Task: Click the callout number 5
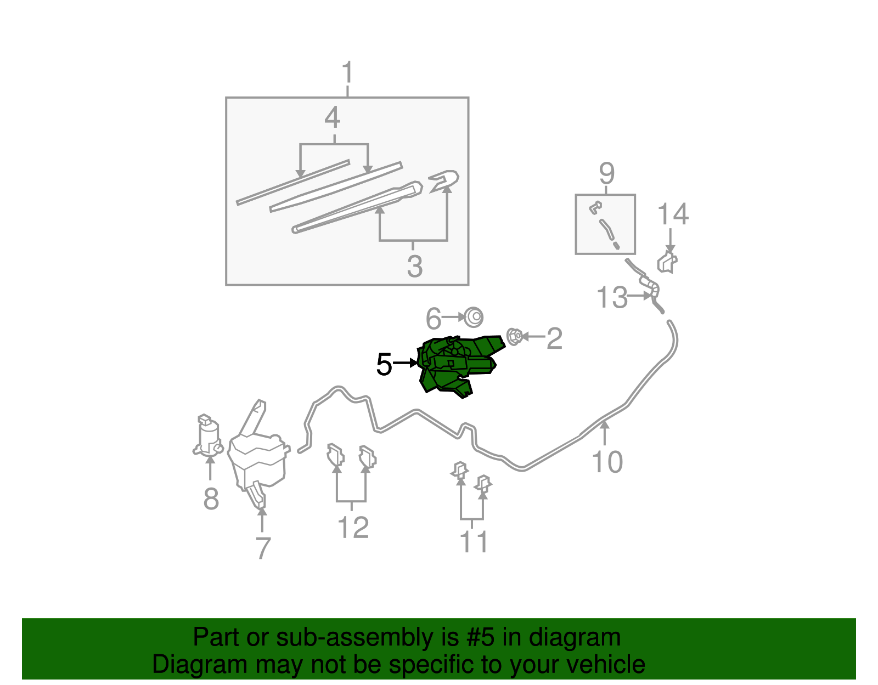pos(384,365)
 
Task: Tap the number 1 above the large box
pos(347,73)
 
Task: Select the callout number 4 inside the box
pos(333,118)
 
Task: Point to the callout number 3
pos(415,267)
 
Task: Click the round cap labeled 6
pos(473,317)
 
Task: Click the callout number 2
pos(554,338)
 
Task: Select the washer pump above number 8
pos(208,437)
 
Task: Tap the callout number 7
pos(263,548)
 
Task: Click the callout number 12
pos(353,528)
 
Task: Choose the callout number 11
pos(474,542)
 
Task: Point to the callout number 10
pos(607,462)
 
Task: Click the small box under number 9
pos(605,224)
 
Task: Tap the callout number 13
pos(611,298)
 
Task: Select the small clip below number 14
pos(667,263)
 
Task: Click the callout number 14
pos(672,214)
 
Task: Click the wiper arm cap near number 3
pos(445,180)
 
